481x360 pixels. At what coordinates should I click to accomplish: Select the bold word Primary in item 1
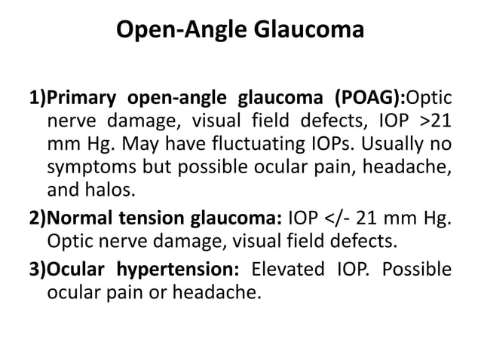point(82,99)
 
